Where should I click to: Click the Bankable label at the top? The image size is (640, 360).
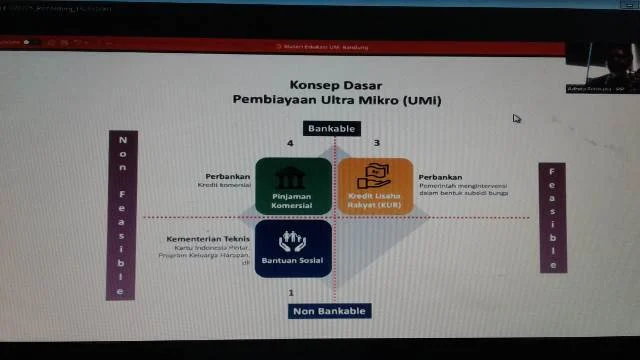(x=330, y=129)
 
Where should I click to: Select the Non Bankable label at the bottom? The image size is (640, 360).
(x=329, y=311)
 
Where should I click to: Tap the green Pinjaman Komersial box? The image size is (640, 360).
(x=293, y=186)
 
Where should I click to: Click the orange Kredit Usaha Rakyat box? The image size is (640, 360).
(x=375, y=186)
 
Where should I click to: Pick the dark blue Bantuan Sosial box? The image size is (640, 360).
(x=293, y=248)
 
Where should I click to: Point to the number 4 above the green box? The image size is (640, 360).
(x=290, y=144)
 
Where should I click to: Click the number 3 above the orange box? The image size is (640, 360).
(x=377, y=144)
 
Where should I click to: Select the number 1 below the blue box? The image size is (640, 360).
(x=291, y=292)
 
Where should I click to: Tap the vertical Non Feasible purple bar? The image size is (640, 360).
(x=121, y=214)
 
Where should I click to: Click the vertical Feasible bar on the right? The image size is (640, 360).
(x=553, y=217)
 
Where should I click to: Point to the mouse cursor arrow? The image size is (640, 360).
(x=516, y=118)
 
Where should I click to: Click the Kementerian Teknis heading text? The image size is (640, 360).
(x=208, y=240)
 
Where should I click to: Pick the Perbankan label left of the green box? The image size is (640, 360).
(x=228, y=177)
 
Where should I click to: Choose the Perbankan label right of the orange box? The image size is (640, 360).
(x=440, y=177)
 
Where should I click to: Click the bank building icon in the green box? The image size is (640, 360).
(x=293, y=176)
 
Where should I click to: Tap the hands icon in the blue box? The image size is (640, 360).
(x=293, y=240)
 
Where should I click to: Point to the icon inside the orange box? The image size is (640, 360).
(x=375, y=174)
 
